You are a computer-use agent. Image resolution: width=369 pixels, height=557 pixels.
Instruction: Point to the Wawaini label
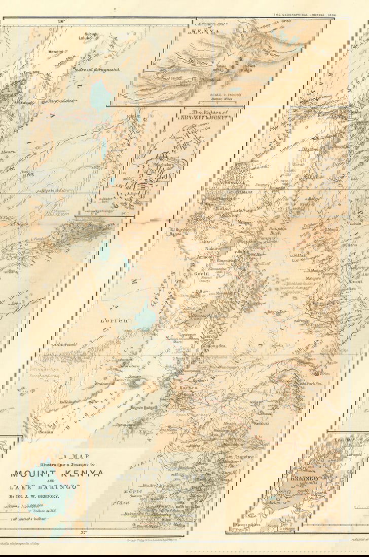(55, 52)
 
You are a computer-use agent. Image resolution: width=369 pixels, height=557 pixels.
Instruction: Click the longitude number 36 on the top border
(61, 21)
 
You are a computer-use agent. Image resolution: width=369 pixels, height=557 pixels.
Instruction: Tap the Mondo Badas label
(144, 407)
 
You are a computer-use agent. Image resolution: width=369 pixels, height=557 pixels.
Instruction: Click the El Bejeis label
(16, 223)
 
